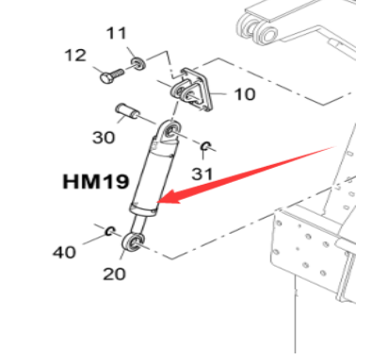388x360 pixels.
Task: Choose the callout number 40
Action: [x=63, y=252]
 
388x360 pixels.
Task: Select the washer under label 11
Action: [x=137, y=63]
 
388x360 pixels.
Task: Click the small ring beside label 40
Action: [x=110, y=231]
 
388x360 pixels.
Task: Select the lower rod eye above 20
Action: [x=134, y=244]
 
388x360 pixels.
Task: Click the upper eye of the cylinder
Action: [x=171, y=128]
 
